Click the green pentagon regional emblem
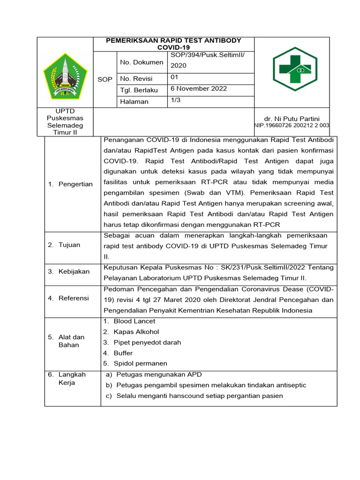65,75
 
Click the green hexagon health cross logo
295,69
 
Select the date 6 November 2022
198,89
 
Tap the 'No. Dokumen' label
142,62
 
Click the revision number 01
174,77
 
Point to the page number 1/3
176,100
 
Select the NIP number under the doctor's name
292,126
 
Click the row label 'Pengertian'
75,184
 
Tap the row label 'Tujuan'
69,245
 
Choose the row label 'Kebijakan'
74,271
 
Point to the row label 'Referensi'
73,298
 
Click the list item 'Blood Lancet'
134,321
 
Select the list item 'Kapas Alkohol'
136,332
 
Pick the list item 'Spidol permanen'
140,363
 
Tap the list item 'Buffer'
123,353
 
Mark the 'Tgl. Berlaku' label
139,90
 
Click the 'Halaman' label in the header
134,102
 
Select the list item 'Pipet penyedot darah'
147,342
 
